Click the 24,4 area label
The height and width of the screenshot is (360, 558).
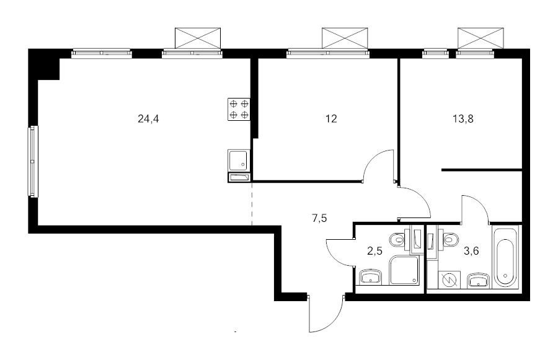[x=148, y=119]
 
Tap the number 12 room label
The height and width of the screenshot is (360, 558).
[x=331, y=119]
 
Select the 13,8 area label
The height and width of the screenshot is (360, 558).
[x=463, y=119]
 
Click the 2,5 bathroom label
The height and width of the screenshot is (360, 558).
[x=374, y=251]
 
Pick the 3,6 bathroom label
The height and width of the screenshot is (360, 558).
[x=471, y=251]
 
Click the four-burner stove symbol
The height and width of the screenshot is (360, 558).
[x=239, y=109]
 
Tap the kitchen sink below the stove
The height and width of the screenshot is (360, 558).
[x=239, y=160]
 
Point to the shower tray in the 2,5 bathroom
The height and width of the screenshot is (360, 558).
[x=405, y=270]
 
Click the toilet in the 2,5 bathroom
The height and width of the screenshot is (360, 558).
[x=399, y=240]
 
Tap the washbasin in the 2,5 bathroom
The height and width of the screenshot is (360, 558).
[x=371, y=278]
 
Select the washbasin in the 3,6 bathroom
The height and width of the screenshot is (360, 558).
[x=478, y=280]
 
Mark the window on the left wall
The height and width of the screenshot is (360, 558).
[x=33, y=161]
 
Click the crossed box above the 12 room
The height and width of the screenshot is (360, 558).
[x=345, y=38]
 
